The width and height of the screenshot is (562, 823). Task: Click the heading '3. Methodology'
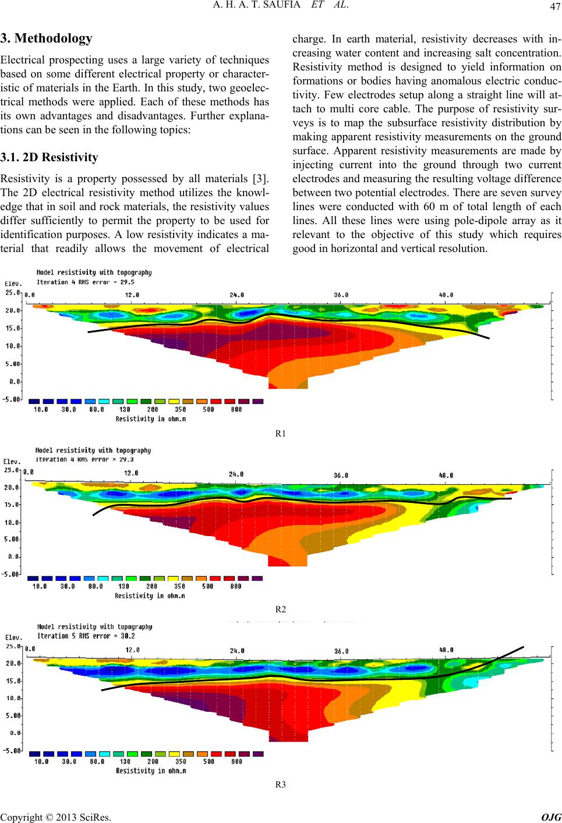pyautogui.click(x=47, y=38)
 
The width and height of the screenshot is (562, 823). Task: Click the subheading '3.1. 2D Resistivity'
pyautogui.click(x=50, y=157)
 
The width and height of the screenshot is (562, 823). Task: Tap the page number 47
pyautogui.click(x=555, y=6)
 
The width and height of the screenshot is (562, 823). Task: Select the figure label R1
pyautogui.click(x=281, y=434)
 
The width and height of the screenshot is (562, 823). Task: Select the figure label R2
pyautogui.click(x=281, y=609)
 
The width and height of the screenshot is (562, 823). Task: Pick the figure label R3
pyautogui.click(x=281, y=785)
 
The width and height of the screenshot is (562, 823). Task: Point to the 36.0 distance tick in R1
pyautogui.click(x=341, y=295)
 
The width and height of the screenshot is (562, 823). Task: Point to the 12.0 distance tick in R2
pyautogui.click(x=131, y=473)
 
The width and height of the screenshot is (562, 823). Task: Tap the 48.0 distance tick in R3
pyautogui.click(x=446, y=650)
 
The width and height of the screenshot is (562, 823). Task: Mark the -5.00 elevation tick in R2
pyautogui.click(x=12, y=574)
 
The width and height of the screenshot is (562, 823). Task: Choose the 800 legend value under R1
pyautogui.click(x=236, y=409)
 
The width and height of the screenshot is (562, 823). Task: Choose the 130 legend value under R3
pyautogui.click(x=125, y=762)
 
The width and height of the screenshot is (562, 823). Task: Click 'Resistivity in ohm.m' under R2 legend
pyautogui.click(x=150, y=596)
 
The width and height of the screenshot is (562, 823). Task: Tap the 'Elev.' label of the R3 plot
pyautogui.click(x=13, y=637)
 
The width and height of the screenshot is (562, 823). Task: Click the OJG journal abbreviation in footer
pyautogui.click(x=552, y=817)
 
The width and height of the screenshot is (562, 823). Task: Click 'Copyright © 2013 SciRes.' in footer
pyautogui.click(x=55, y=817)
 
